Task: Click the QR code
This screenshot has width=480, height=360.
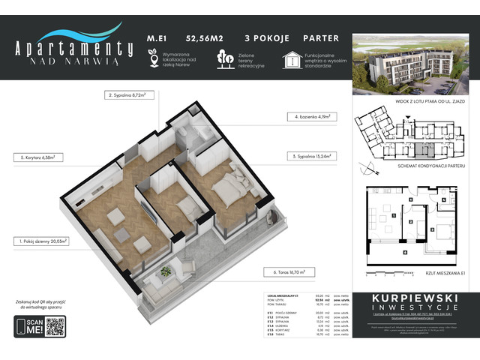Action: [55, 328]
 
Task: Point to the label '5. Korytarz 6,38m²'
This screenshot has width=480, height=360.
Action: [37, 157]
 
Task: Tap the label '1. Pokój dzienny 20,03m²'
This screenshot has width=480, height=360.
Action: [40, 242]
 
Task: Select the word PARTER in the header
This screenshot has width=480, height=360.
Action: [320, 37]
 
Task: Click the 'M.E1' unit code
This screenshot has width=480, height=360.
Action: [156, 37]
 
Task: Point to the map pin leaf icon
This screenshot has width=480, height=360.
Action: [152, 58]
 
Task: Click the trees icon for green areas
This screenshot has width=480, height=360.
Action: [223, 58]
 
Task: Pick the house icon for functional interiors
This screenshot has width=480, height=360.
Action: [292, 59]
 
